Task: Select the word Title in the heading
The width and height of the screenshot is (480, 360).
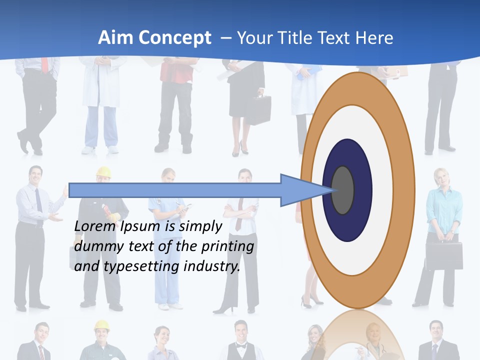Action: [x=304, y=38]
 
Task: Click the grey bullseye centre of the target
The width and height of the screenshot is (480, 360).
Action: [x=343, y=190]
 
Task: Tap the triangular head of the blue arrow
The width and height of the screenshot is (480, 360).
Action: [x=300, y=190]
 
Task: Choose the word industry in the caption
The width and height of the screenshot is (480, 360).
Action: [x=212, y=266]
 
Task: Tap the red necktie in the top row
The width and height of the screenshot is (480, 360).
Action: [x=45, y=65]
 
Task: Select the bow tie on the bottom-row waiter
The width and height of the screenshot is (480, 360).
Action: [x=241, y=345]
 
